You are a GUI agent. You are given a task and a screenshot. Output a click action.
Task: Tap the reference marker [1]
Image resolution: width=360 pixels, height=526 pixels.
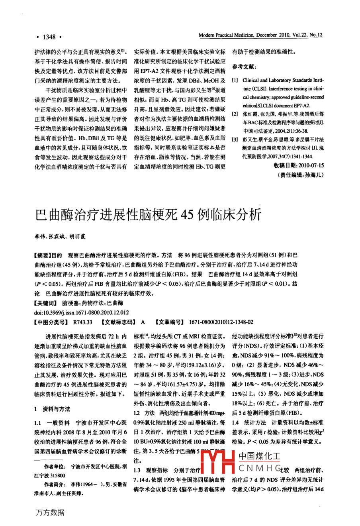coord(235,80)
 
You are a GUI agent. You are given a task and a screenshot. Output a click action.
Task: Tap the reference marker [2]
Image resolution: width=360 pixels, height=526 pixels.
coord(235,114)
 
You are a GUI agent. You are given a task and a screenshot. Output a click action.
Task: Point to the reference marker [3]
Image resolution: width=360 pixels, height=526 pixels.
coord(235,139)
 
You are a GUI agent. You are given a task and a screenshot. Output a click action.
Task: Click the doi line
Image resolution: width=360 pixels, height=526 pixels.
coord(82,313)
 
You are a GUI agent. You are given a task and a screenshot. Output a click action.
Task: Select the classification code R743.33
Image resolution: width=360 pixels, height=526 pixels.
coord(83,322)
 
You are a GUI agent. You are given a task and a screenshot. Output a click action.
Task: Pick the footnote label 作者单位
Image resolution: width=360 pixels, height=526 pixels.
coord(54,467)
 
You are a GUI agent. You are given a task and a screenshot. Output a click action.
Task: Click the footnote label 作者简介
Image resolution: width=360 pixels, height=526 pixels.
coord(54,485)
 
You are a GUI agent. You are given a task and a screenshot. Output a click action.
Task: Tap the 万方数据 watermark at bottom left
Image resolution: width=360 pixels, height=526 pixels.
coord(50,512)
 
